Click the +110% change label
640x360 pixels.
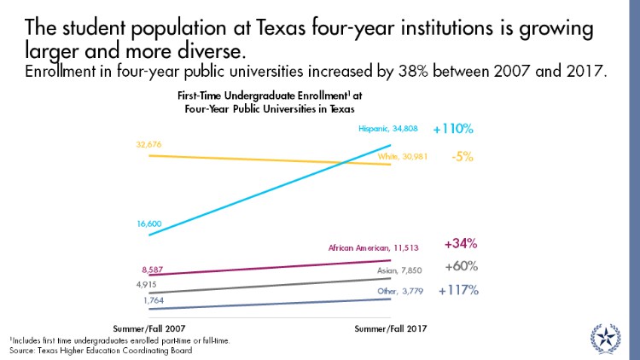pos(452,130)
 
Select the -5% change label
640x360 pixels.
pos(462,157)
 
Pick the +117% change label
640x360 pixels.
pos(457,290)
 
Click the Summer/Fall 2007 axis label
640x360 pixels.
pos(150,328)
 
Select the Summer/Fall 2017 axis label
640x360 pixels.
pos(390,328)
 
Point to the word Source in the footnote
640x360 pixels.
pos(23,349)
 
